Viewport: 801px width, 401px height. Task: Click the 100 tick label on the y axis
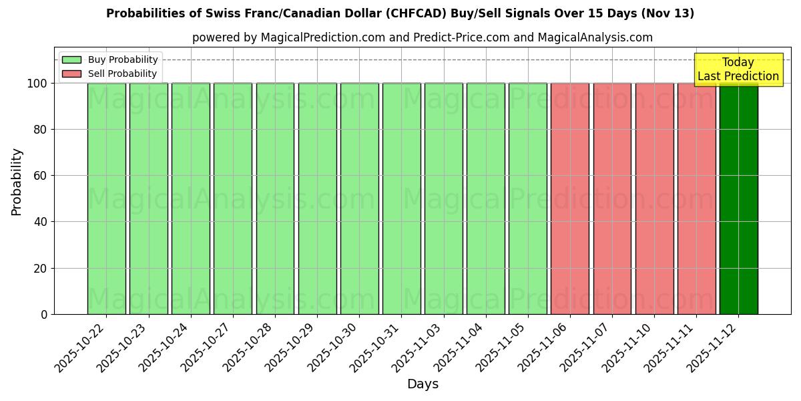[37, 84]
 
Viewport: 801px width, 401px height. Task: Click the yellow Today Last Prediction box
[738, 70]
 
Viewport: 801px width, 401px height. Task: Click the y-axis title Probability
[17, 182]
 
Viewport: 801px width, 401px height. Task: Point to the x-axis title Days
[423, 384]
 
